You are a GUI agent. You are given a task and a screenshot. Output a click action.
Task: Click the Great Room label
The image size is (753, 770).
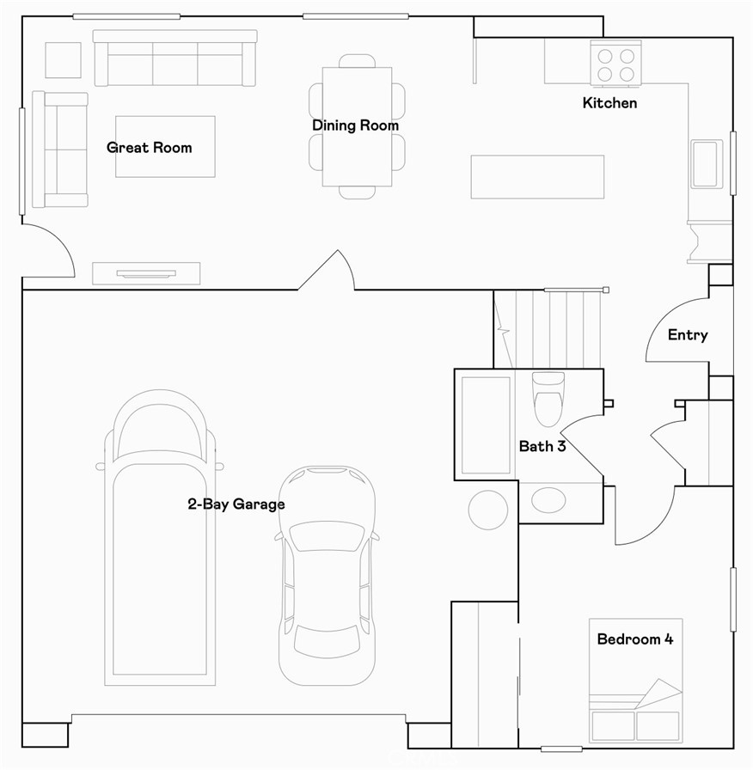coord(149,148)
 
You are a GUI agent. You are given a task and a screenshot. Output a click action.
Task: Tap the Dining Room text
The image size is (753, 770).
coord(355,125)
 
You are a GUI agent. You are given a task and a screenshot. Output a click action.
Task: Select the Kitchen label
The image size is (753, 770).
coord(609,103)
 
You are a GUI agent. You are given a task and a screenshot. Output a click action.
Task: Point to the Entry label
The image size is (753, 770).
coord(688,335)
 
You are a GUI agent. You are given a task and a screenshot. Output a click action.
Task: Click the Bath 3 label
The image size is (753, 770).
coord(542,447)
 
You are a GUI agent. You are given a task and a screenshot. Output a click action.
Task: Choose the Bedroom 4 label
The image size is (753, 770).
coord(634,639)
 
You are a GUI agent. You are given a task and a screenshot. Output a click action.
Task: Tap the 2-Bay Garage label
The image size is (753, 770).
coord(236,504)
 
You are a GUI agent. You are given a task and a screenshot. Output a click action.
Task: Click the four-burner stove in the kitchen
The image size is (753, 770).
coord(615,64)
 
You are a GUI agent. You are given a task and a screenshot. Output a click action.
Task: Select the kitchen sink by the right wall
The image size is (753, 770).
coord(706,163)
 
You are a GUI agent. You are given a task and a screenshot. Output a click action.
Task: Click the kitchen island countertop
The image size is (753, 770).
coord(537,176)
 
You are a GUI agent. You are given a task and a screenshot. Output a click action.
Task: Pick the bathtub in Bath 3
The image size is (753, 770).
coord(486,425)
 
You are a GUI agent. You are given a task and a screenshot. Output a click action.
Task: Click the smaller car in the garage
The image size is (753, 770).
coord(326,576)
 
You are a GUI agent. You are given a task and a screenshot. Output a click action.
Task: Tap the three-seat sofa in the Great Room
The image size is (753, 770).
coord(174,58)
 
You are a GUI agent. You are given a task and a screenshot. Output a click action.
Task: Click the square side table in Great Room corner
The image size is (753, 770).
coord(62,60)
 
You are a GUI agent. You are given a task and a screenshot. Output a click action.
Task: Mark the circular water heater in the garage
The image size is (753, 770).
coord(487,509)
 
